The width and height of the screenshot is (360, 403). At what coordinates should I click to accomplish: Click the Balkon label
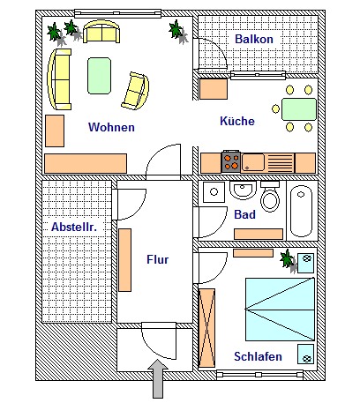click(x=254, y=39)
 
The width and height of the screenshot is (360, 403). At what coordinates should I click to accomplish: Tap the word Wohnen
click(x=111, y=127)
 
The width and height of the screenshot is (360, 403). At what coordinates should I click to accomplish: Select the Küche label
click(x=237, y=121)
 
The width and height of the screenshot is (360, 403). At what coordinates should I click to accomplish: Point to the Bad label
click(x=244, y=214)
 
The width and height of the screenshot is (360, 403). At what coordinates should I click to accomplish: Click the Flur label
click(x=158, y=259)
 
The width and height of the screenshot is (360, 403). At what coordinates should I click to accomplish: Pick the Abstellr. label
click(x=74, y=227)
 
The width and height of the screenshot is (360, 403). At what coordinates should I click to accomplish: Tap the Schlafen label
click(x=258, y=356)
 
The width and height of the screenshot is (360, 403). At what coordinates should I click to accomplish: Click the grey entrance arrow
click(x=158, y=378)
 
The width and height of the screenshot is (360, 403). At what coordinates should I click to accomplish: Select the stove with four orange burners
click(x=231, y=161)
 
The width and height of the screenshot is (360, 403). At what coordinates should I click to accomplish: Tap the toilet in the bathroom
click(x=270, y=197)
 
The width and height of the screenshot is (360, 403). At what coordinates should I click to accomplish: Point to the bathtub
click(x=301, y=211)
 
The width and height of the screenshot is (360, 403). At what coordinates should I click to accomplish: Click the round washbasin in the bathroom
click(x=243, y=190)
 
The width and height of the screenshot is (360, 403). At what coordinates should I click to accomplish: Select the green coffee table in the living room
click(x=100, y=76)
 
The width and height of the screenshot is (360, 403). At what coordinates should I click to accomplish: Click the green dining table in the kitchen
click(x=299, y=109)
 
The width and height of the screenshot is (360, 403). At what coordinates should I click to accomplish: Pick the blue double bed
click(x=280, y=310)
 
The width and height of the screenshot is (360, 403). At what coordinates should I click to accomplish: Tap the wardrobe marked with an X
click(x=206, y=328)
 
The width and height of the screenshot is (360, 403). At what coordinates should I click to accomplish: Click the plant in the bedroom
click(x=289, y=260)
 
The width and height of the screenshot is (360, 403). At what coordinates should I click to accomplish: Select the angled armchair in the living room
click(x=135, y=91)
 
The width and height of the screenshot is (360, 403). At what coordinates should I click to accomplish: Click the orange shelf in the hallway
click(x=125, y=260)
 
